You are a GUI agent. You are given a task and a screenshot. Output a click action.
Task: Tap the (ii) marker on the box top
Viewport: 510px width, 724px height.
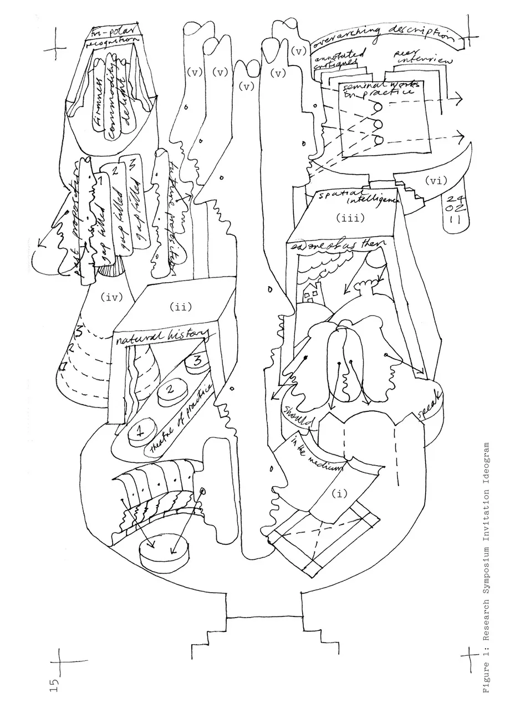pos(181,307)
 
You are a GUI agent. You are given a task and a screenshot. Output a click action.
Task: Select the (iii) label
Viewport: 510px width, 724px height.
pos(349,218)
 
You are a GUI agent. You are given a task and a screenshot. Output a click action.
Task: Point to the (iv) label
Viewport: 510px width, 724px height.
pos(111,298)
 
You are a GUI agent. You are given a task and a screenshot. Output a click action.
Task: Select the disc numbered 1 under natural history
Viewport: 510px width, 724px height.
pos(140,430)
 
